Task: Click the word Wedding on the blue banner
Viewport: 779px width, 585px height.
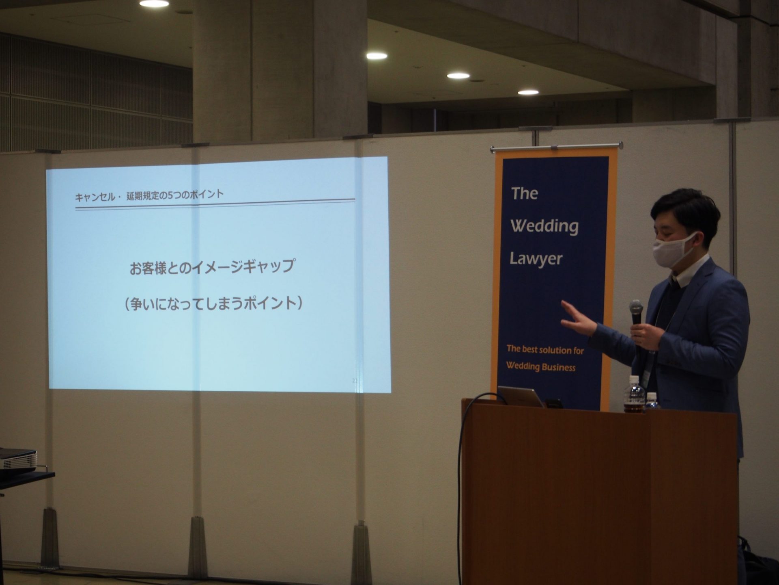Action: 544,226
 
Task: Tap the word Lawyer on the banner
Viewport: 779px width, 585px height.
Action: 536,259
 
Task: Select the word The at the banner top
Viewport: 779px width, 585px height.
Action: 524,193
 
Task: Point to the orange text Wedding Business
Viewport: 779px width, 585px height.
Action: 540,366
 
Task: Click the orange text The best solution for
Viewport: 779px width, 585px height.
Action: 544,349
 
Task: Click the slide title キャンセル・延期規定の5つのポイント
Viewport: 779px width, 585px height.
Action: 149,196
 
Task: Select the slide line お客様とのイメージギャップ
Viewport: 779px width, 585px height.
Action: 212,267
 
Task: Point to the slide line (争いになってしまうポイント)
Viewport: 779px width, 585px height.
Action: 214,303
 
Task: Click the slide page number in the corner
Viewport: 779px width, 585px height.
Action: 355,381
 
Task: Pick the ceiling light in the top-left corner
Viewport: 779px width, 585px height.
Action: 154,3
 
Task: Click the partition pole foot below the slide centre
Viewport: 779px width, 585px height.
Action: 198,543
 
